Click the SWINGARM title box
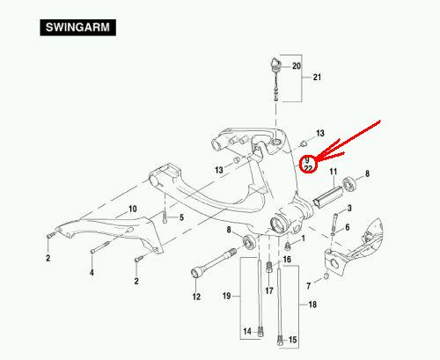77,27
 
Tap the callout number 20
297,66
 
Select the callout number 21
317,77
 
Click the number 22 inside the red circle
308,168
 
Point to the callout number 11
333,172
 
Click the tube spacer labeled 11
328,197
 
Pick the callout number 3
349,209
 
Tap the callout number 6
348,227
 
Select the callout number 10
133,209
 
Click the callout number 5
181,217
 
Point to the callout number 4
92,273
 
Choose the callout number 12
196,297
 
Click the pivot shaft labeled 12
214,262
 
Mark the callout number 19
227,296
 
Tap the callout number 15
292,340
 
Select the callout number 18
312,305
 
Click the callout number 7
308,286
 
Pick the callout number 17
269,290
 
